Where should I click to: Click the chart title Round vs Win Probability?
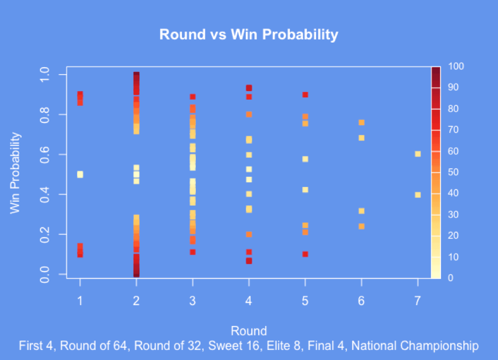[248, 35]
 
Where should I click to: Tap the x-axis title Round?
[248, 330]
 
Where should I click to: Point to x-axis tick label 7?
[418, 301]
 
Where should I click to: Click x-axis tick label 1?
[80, 301]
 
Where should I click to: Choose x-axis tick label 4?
[248, 301]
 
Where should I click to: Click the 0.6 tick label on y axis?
[46, 154]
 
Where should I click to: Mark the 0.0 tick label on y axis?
[46, 274]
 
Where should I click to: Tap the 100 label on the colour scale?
[456, 67]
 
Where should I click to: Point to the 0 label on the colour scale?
[451, 278]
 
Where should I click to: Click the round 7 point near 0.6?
[418, 154]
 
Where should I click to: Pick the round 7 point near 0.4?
[418, 194]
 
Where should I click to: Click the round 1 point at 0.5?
[80, 174]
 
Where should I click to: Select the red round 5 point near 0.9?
[305, 95]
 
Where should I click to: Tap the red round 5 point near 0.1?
[305, 254]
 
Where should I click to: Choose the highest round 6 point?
[362, 122]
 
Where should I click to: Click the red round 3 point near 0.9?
[193, 97]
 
